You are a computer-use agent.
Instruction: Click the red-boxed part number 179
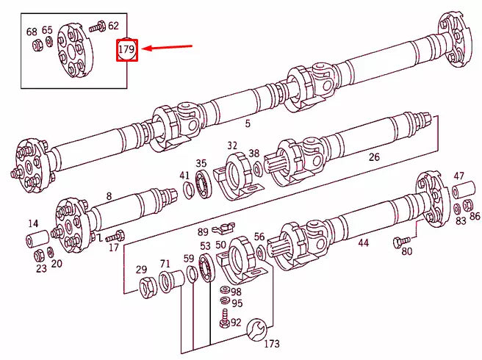127,51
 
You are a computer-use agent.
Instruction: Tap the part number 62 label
113,26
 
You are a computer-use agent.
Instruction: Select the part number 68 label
32,32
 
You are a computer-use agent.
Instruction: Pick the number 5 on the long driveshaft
248,123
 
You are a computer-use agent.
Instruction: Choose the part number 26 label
374,156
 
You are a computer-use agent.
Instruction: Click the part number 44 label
363,242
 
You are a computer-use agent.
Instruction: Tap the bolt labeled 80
400,242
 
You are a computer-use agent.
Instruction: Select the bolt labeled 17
112,237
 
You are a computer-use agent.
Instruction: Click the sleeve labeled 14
37,240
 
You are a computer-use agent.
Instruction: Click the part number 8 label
109,196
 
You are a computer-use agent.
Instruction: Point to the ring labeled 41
188,192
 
